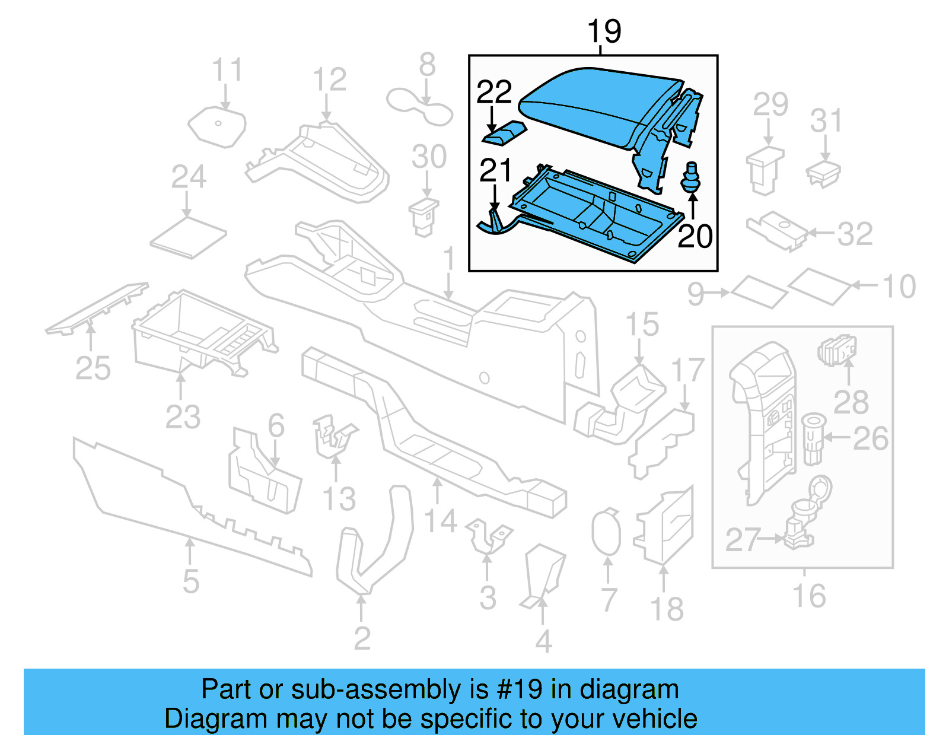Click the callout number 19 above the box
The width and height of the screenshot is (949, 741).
[604, 31]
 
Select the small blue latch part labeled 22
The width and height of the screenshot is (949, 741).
[504, 133]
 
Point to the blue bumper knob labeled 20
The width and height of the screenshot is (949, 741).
[690, 177]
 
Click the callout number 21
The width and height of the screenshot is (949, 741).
[495, 171]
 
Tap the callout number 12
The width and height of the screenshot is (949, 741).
[329, 79]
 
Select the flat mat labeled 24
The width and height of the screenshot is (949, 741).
[189, 237]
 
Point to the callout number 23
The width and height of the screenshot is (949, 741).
[183, 416]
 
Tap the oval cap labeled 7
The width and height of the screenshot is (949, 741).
[606, 532]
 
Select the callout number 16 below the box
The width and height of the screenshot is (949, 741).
[809, 596]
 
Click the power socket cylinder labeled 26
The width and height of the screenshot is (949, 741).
[813, 439]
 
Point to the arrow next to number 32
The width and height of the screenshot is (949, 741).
[821, 233]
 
